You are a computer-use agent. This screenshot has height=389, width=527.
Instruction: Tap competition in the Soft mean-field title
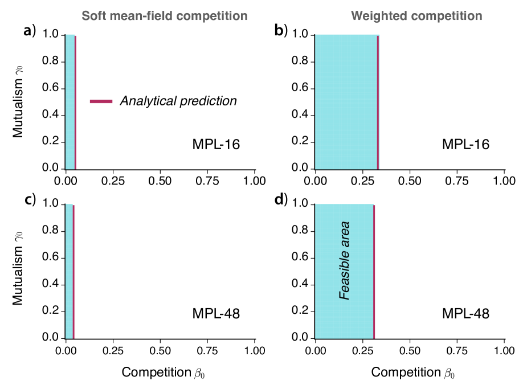211,16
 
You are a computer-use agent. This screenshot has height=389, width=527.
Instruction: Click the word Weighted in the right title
379,16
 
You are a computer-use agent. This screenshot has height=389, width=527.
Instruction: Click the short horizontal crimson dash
101,102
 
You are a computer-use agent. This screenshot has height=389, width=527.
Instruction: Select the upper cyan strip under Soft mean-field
70,102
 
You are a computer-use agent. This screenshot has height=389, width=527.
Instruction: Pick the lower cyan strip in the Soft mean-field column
69,271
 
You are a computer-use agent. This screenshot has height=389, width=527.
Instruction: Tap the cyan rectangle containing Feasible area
330,271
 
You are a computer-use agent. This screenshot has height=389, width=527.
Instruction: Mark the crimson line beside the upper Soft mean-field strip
75,102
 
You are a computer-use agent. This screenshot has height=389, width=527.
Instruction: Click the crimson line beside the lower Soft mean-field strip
74,271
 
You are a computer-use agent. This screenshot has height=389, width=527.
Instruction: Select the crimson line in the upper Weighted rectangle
378,102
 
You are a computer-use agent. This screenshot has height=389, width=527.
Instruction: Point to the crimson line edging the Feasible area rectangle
374,271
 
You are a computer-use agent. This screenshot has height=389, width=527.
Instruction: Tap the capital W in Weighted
357,16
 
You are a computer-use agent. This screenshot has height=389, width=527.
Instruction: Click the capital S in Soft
85,16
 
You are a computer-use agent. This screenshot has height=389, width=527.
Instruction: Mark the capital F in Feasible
345,296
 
